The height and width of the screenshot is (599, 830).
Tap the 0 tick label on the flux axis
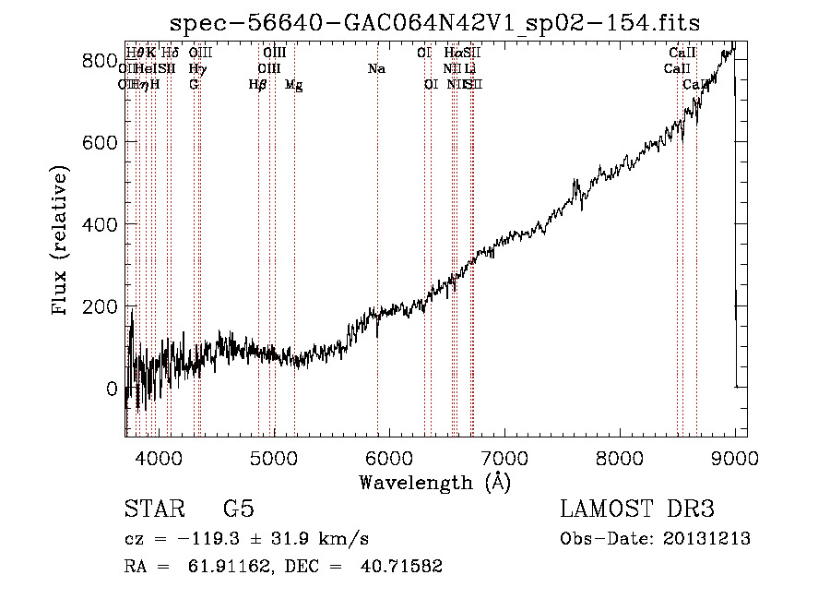[x=112, y=389]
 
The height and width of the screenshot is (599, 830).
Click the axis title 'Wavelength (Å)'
[x=434, y=482]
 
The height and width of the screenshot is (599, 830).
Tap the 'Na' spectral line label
[x=376, y=68]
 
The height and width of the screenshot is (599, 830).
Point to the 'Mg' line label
[x=293, y=85]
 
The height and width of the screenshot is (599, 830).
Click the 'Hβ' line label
[x=257, y=85]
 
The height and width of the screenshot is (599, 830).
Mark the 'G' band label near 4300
[x=194, y=84]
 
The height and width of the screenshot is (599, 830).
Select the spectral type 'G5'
[x=238, y=509]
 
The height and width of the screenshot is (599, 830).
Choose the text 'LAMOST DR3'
[x=637, y=509]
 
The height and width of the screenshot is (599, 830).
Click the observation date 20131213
[x=707, y=539]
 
